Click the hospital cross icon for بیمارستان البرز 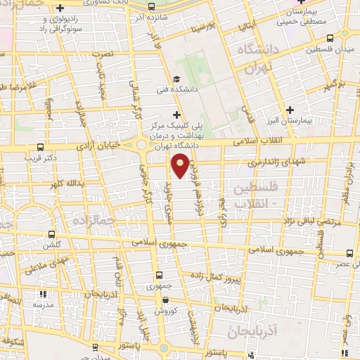click(x=290, y=109)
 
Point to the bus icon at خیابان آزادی click(x=40, y=148)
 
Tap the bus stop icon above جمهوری click(x=159, y=275)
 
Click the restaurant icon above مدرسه click(x=42, y=294)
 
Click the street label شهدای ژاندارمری click(x=268, y=162)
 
